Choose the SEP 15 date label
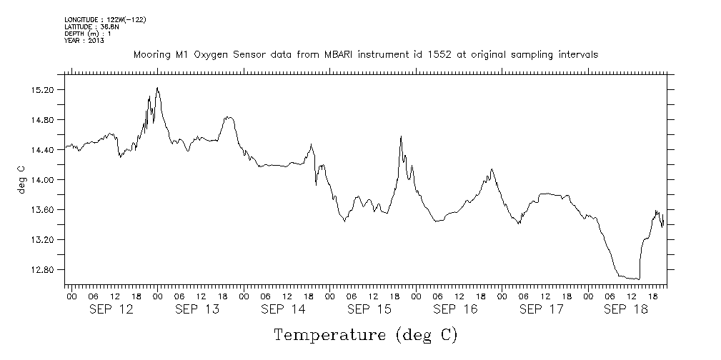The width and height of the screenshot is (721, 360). coord(369,309)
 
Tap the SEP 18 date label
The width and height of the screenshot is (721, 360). coord(625,309)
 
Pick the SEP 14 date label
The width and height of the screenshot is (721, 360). coord(283,309)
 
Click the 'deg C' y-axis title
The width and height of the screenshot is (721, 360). coord(21,179)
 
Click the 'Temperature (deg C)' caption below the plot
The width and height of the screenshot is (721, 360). coord(365,335)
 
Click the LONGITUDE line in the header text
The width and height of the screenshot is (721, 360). coord(105,19)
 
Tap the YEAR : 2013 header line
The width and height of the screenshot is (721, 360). coord(84,41)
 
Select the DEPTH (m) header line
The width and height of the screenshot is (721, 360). coord(89,34)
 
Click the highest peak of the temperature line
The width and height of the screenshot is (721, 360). coord(157,88)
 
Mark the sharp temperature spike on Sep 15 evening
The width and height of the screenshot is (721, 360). coord(401,136)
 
